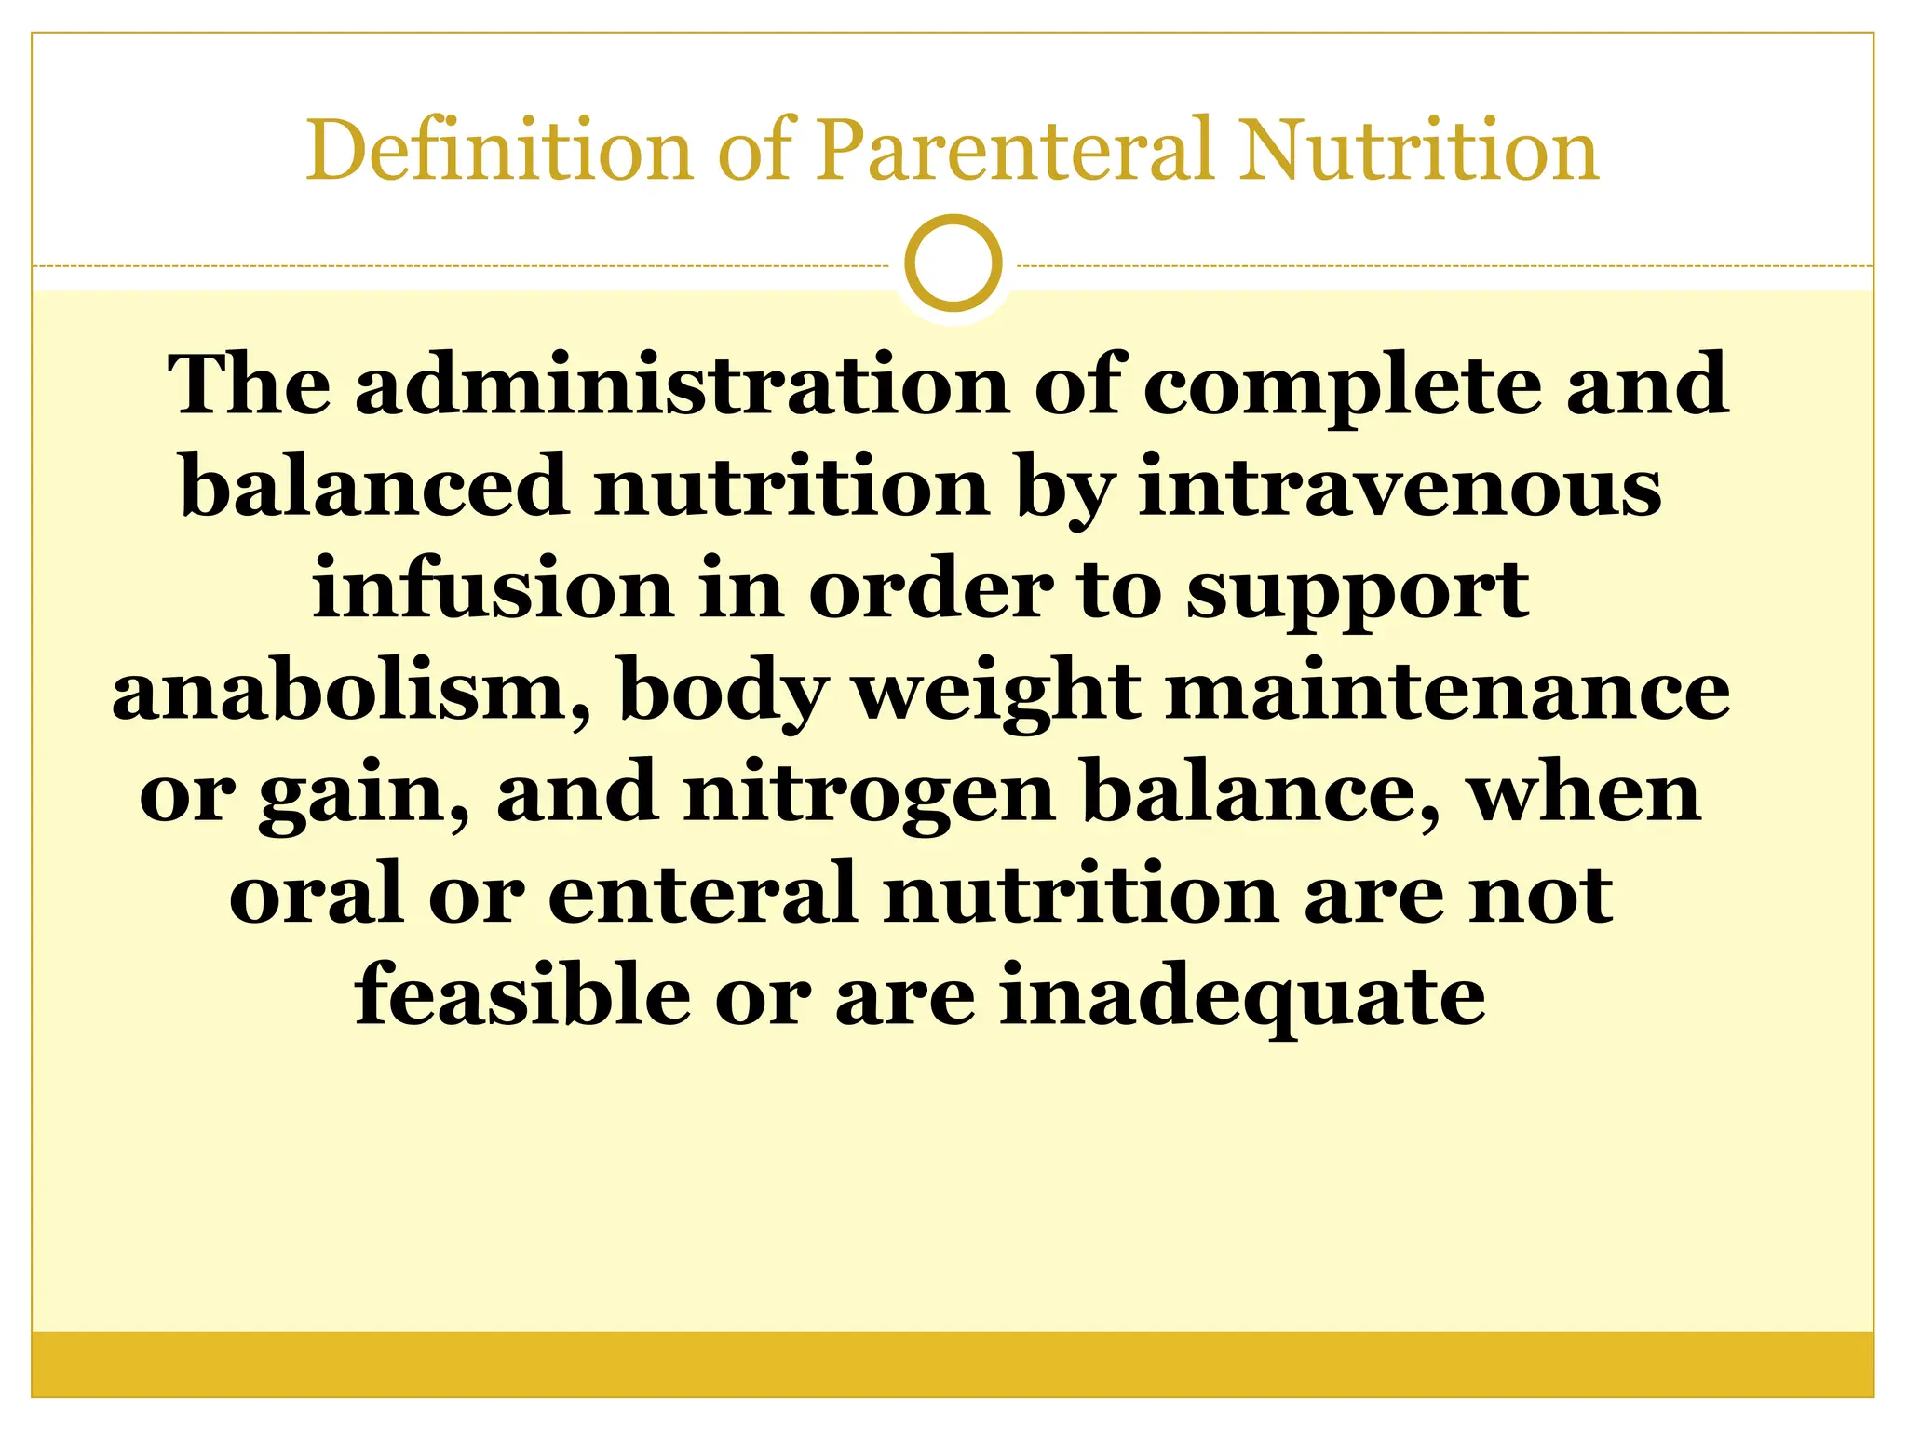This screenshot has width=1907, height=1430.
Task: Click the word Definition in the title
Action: click(x=499, y=151)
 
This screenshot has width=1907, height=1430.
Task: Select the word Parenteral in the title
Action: click(x=1016, y=151)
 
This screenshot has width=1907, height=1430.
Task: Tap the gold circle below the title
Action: click(x=953, y=263)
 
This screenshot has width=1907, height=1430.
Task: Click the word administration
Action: click(x=682, y=385)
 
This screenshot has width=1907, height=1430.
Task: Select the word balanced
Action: click(x=374, y=487)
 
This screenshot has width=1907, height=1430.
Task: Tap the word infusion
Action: click(x=493, y=588)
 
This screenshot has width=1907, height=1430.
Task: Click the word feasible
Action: click(x=522, y=995)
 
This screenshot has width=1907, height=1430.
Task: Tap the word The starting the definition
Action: click(x=249, y=385)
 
